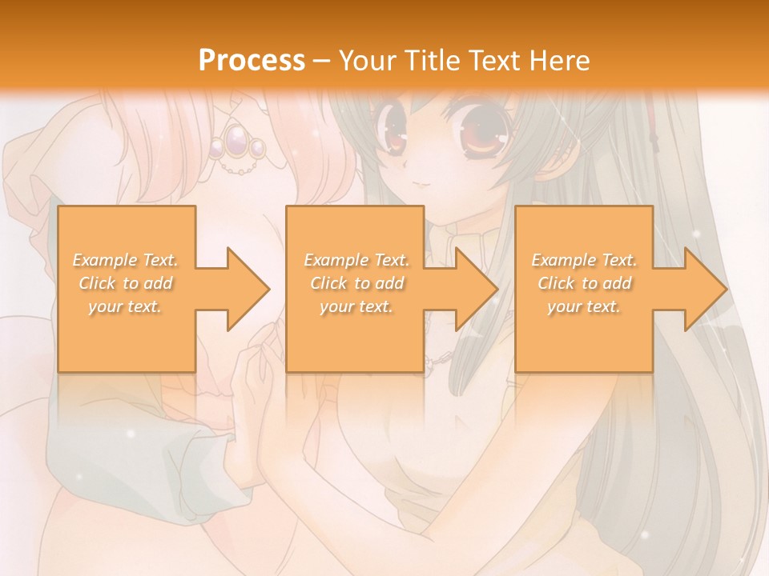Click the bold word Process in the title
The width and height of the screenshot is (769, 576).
252,60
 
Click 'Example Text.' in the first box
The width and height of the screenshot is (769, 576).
126,260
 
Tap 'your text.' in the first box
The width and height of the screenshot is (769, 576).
126,306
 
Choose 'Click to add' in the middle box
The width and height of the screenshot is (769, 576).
356,283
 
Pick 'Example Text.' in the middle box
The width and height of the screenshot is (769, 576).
356,260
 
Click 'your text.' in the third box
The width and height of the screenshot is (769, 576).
584,306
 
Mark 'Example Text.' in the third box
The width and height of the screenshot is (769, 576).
584,260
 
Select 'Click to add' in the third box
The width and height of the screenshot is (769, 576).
584,283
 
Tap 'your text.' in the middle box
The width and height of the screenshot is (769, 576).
356,306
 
